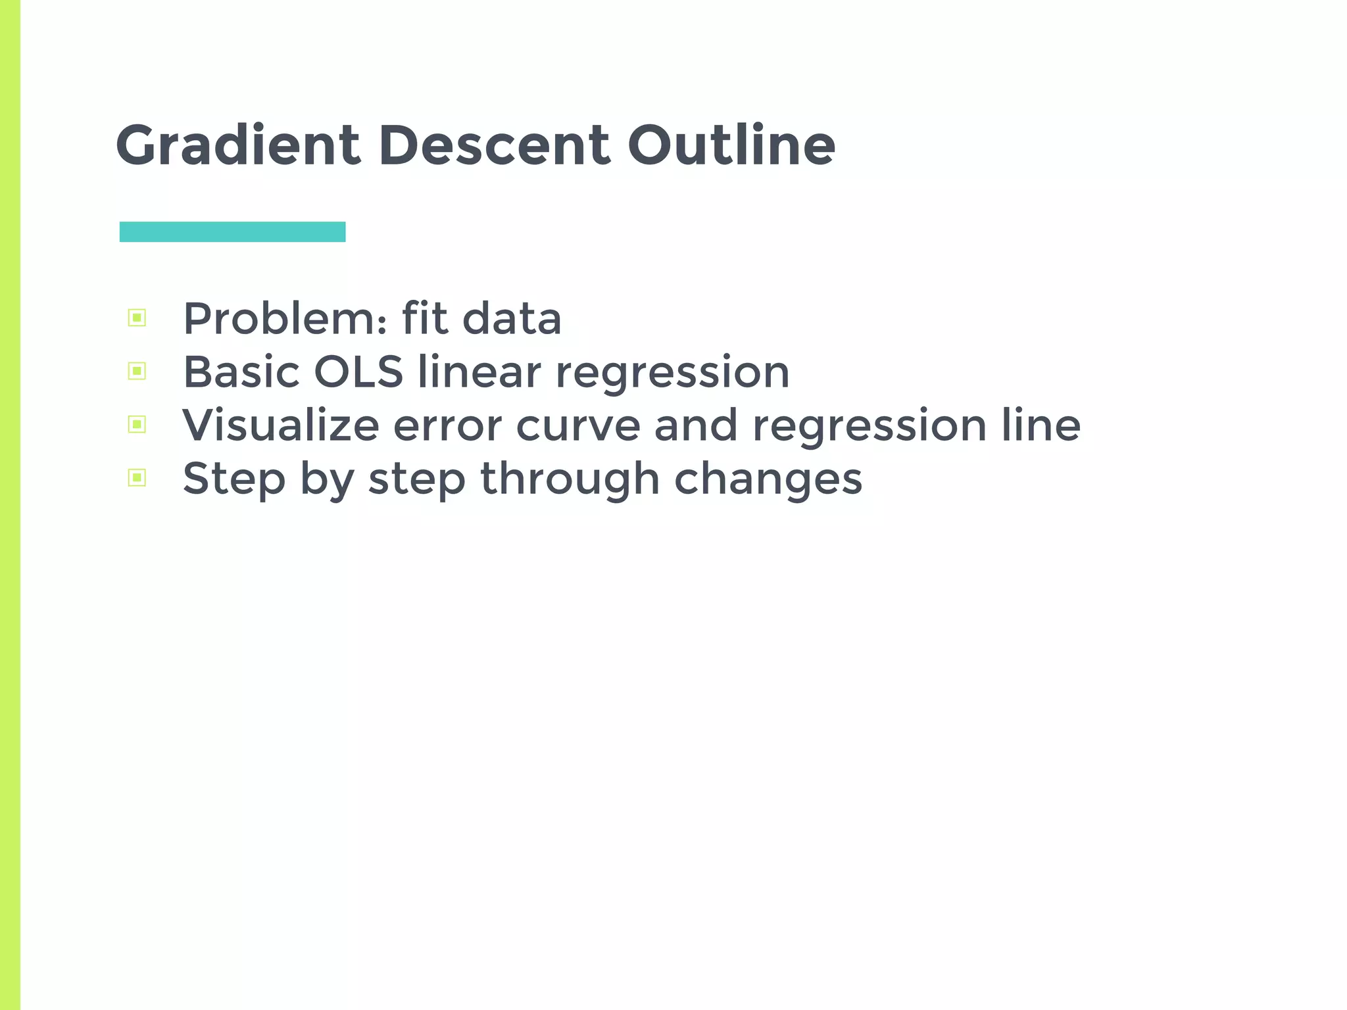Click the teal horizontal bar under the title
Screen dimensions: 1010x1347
pos(232,232)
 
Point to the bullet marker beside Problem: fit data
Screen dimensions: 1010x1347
pos(137,318)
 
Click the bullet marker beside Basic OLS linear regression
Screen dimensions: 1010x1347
pos(137,372)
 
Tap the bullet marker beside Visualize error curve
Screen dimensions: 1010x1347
pos(137,425)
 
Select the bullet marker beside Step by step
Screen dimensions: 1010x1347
pos(137,478)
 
